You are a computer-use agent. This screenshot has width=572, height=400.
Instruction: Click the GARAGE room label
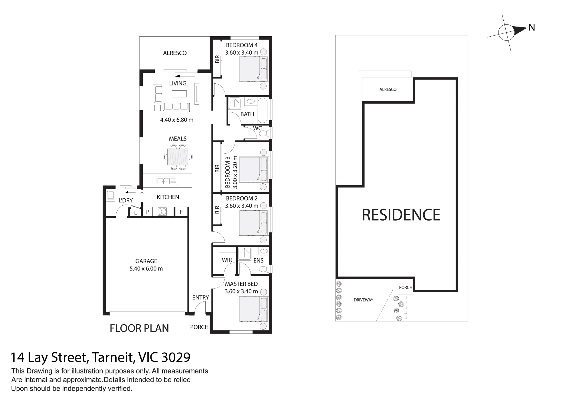[146, 261]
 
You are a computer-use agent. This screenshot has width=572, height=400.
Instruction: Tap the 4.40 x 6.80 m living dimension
[177, 120]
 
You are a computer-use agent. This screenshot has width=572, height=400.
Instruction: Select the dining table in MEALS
[178, 157]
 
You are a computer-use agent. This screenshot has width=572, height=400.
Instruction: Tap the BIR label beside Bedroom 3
[217, 169]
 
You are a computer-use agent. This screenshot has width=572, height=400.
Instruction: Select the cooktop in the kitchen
[162, 211]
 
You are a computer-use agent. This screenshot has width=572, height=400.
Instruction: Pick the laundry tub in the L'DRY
[111, 195]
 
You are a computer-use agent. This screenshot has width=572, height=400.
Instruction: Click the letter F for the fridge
[181, 212]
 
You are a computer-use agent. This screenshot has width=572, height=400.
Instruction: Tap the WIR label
[227, 260]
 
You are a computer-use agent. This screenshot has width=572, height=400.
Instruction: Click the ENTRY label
[200, 297]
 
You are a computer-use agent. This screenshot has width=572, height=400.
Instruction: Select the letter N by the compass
[532, 27]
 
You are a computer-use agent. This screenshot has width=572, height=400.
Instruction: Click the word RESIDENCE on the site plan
[401, 215]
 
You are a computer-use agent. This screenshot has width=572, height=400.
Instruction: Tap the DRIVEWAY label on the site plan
[364, 300]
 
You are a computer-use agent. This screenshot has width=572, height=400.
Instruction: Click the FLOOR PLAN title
[139, 328]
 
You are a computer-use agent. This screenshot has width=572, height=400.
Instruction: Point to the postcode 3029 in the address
[176, 357]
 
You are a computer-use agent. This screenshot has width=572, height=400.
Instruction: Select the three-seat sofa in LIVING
[176, 107]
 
